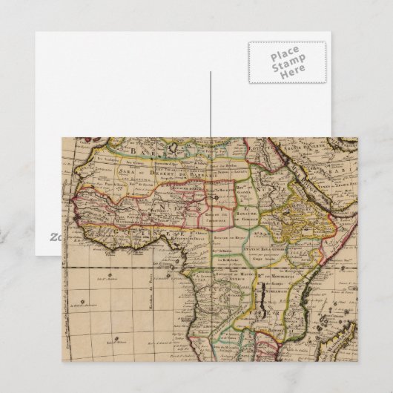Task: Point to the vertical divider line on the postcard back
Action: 210,111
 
